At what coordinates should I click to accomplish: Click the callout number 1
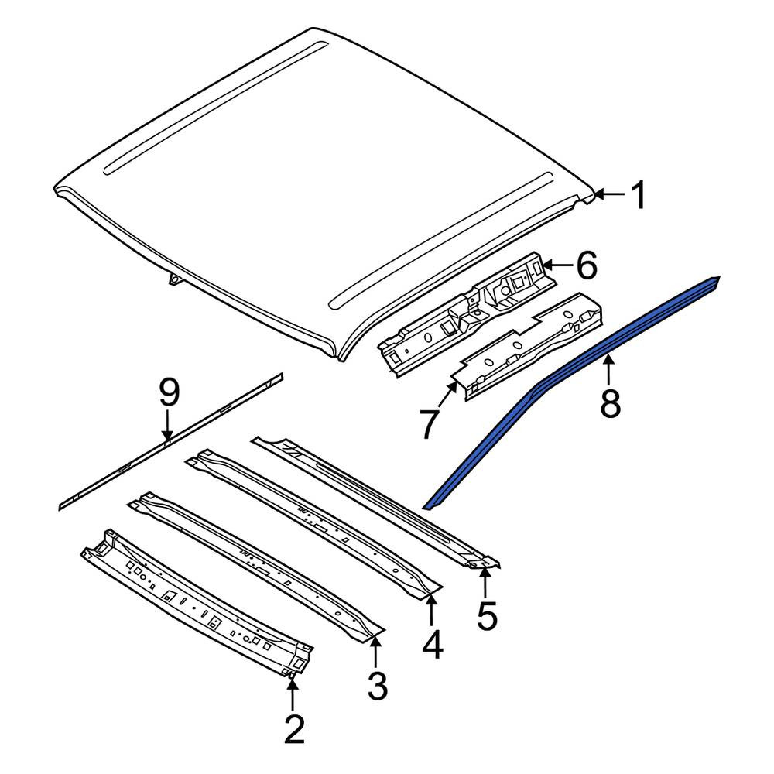pyautogui.click(x=639, y=194)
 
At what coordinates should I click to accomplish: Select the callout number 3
pyautogui.click(x=378, y=685)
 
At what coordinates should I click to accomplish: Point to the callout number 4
pyautogui.click(x=433, y=644)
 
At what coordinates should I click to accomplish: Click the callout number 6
pyautogui.click(x=587, y=265)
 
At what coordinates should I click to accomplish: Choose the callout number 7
pyautogui.click(x=429, y=424)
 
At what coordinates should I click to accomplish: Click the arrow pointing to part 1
pyautogui.click(x=611, y=194)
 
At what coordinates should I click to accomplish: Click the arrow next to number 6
pyautogui.click(x=557, y=265)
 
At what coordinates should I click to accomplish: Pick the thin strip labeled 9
pyautogui.click(x=171, y=440)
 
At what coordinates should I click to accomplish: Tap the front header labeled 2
pyautogui.click(x=197, y=602)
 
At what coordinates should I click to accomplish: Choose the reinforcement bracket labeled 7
pyautogui.click(x=529, y=345)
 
